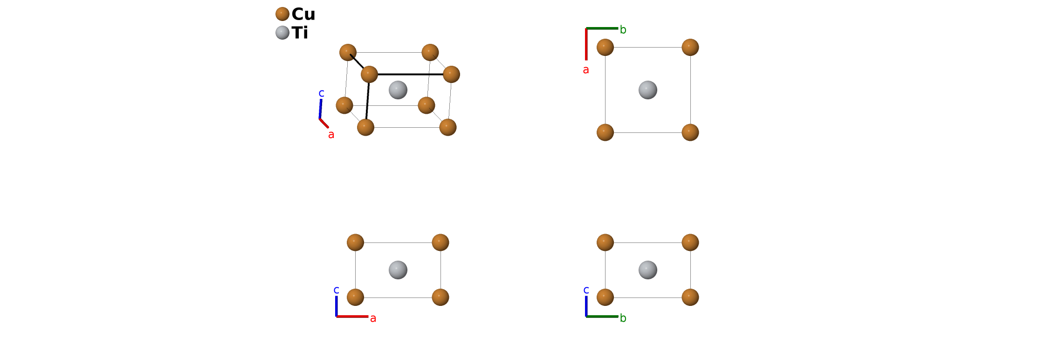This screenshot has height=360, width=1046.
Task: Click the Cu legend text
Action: coord(303,14)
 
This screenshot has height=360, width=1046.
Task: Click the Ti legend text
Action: coord(300,33)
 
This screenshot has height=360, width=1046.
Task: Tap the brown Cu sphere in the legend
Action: coord(282,14)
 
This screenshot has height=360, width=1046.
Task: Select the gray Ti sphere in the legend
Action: coord(282,33)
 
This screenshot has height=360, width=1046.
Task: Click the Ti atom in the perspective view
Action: coord(398,90)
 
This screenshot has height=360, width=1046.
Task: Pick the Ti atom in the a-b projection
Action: coord(648,90)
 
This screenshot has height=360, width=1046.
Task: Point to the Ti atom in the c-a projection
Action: coord(398,270)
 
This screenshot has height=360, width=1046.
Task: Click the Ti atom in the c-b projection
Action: coord(648,270)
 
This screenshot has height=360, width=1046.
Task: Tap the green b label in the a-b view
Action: coord(623,30)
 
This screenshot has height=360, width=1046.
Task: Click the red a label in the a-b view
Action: coord(586,70)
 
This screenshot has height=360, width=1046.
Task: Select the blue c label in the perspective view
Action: coord(321,93)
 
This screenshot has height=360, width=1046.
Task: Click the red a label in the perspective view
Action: coord(331,135)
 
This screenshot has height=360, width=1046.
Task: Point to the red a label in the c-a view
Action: coord(373,318)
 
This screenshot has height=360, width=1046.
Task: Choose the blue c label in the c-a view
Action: coord(336,290)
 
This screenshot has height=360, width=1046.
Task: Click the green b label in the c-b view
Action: coord(623,318)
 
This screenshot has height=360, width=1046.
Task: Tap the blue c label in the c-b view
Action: coord(586,290)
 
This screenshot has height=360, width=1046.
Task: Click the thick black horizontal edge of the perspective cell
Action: coord(410,74)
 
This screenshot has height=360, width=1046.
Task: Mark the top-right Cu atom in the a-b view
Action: coord(690,47)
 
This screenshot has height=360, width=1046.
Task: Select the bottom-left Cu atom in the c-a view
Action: coord(355,297)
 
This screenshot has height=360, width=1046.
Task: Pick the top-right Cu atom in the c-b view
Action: coord(690,242)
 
